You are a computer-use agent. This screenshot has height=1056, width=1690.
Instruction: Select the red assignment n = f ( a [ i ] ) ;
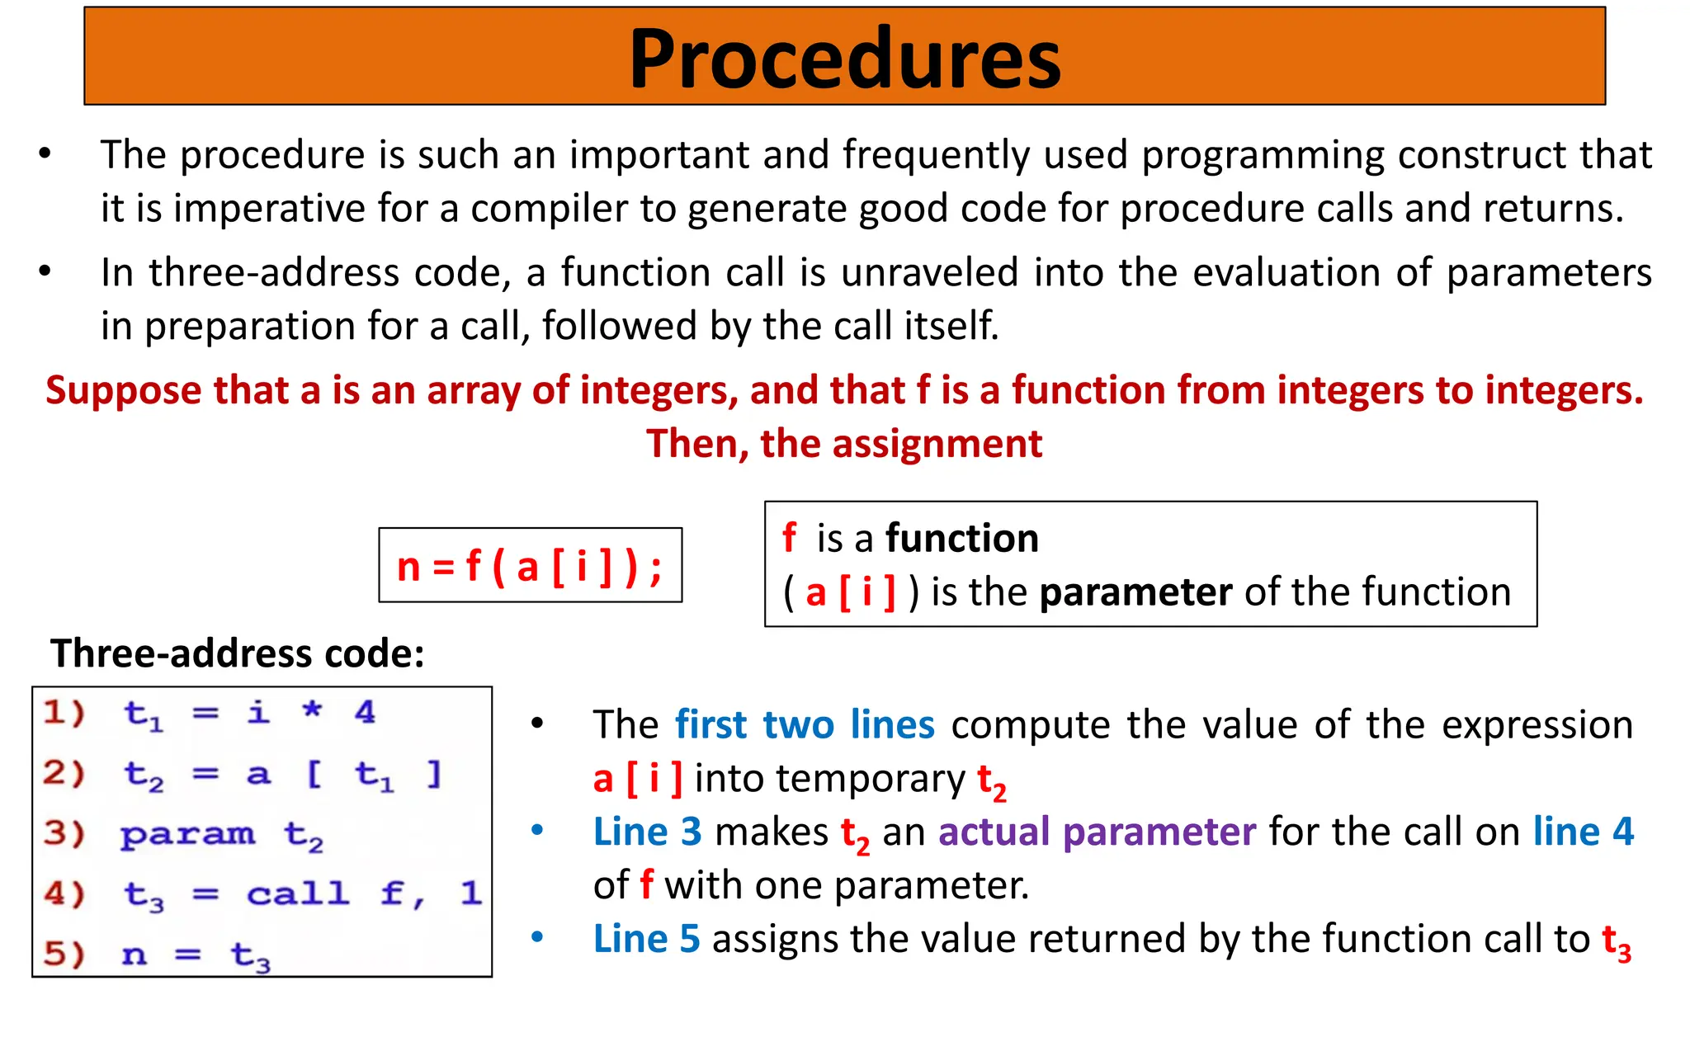click(x=530, y=567)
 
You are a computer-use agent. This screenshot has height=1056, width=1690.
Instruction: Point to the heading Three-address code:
click(x=238, y=653)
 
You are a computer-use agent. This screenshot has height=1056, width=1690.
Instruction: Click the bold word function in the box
click(x=961, y=539)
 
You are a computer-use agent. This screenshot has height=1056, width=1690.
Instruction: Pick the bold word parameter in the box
click(x=1135, y=592)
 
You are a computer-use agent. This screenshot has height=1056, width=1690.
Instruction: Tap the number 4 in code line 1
click(x=365, y=712)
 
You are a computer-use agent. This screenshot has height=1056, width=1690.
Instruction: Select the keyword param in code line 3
click(x=187, y=835)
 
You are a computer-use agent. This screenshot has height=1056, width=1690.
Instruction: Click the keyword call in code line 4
click(x=297, y=893)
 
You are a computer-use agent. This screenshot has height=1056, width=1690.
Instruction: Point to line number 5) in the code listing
click(x=64, y=955)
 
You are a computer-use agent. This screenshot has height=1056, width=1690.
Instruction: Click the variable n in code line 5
click(x=134, y=955)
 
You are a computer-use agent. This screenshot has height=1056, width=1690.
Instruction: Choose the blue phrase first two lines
click(x=805, y=725)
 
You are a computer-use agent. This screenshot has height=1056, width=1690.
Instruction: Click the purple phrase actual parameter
click(x=1097, y=832)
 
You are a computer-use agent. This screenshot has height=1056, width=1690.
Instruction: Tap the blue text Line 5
click(x=646, y=939)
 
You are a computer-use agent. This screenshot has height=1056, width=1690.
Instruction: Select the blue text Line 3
click(x=647, y=832)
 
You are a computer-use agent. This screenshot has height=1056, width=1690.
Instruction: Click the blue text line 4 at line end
click(x=1583, y=832)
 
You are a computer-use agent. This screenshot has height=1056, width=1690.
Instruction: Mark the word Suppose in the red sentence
click(x=123, y=390)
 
